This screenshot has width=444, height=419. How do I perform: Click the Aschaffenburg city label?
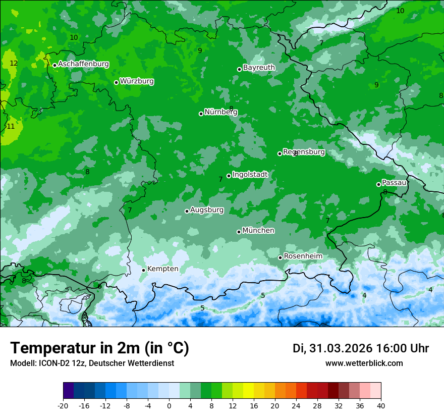(x=83, y=64)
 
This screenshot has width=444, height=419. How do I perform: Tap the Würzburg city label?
(x=137, y=81)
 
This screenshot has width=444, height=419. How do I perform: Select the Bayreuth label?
(x=259, y=67)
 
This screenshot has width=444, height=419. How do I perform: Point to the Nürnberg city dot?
(x=201, y=114)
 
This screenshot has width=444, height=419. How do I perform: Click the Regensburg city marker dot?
(x=280, y=153)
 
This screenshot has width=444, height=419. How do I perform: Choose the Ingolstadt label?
(x=250, y=175)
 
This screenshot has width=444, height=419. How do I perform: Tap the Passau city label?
(x=394, y=183)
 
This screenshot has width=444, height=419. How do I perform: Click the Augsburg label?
(x=206, y=210)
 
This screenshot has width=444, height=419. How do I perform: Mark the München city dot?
(x=239, y=232)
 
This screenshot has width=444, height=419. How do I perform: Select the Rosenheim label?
(x=303, y=256)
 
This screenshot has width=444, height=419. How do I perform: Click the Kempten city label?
(x=162, y=269)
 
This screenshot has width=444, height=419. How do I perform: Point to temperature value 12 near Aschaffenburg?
(x=14, y=64)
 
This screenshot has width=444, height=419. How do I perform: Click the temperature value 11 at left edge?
(x=11, y=127)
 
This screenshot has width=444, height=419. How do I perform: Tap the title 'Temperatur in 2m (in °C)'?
(x=99, y=348)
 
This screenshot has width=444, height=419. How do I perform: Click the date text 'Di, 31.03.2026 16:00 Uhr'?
(x=361, y=348)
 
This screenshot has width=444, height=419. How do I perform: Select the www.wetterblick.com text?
(x=364, y=363)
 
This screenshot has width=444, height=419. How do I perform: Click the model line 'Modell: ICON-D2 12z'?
(x=91, y=363)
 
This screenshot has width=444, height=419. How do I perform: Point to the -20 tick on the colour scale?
(x=63, y=405)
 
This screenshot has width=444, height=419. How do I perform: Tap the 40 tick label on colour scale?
(x=380, y=405)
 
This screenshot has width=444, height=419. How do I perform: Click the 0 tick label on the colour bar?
(x=169, y=405)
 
